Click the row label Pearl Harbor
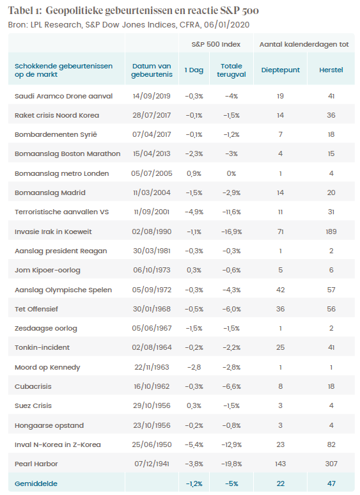[x=36, y=464]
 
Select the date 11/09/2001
[x=152, y=212]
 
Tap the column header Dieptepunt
[x=281, y=70]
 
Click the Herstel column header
[x=331, y=70]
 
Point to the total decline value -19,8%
[x=231, y=464]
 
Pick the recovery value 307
[x=331, y=464]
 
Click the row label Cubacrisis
[x=33, y=386]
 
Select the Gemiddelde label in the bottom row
[x=36, y=483]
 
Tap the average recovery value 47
[x=331, y=483]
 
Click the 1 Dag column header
[x=194, y=70]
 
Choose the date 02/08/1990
[x=152, y=232]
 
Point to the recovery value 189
[x=331, y=232]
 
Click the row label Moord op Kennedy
[x=47, y=367]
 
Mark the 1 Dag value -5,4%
[x=194, y=444]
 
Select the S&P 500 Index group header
[x=216, y=44]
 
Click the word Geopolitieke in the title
[x=74, y=11]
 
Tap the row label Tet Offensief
[x=36, y=309]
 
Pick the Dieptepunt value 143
[x=281, y=464]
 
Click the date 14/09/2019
[x=152, y=96]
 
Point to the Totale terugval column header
[x=231, y=70]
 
